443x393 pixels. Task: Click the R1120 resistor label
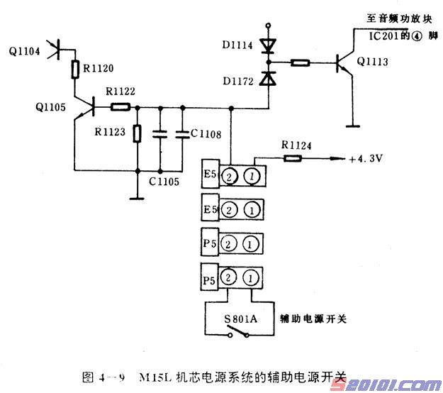[97, 69]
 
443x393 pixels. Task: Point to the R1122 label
[121, 92]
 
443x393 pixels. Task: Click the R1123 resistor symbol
[137, 133]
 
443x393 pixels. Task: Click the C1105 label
[164, 182]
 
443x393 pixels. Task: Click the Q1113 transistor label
[373, 62]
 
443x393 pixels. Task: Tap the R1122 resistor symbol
[120, 107]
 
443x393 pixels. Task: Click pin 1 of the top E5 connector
[251, 176]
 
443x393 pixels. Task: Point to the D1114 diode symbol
[267, 46]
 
